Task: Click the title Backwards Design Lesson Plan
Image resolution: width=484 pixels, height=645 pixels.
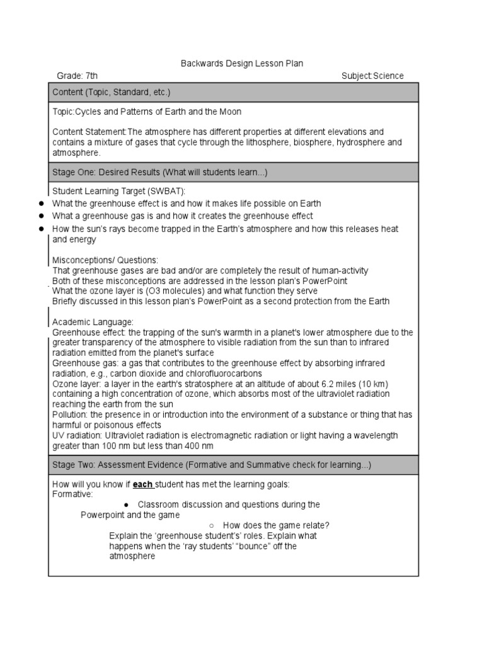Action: tap(233, 64)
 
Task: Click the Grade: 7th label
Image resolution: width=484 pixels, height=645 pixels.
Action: tap(79, 76)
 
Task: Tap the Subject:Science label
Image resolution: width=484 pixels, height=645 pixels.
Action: tap(372, 76)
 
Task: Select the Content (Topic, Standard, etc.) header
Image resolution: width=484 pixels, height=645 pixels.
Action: tap(111, 92)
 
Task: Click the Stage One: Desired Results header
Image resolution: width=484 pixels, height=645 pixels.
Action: tap(159, 173)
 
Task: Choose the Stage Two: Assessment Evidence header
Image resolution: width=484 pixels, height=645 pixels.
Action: tap(212, 465)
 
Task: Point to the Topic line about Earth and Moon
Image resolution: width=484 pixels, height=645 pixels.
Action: tap(147, 111)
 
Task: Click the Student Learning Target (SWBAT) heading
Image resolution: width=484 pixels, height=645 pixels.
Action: tap(119, 191)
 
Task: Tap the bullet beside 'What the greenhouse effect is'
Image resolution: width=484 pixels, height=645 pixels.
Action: tap(41, 203)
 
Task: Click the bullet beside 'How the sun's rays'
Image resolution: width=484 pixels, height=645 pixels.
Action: tap(41, 229)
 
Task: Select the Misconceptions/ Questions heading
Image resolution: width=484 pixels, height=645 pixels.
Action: tap(105, 260)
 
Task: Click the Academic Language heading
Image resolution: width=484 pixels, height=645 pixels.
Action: tap(93, 322)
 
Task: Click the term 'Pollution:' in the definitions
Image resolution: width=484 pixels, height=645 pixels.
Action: tap(70, 414)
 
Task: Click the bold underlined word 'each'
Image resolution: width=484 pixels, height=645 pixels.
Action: tap(142, 484)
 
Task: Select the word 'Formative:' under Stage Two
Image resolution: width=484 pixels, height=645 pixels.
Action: tap(72, 494)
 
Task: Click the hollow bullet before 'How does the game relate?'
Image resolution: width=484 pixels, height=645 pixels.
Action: tap(212, 525)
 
